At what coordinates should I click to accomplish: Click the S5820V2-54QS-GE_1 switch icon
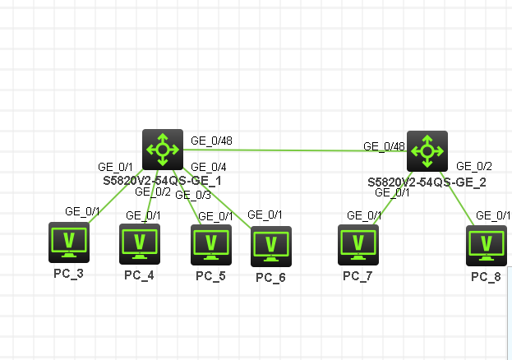coord(162,149)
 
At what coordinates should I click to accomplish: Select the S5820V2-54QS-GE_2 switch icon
coord(427,150)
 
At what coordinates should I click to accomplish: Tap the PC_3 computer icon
coord(68,242)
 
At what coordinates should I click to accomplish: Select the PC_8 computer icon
coord(486,245)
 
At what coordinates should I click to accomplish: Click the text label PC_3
coord(68,273)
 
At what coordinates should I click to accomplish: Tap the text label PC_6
coord(270,277)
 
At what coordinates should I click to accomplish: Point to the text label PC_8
coord(486,276)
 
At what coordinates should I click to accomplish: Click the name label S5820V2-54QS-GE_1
coord(162,179)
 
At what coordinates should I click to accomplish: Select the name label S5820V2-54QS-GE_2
coord(427,182)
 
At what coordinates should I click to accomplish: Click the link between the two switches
coord(288,150)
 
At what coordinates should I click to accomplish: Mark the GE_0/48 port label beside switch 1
coord(211,140)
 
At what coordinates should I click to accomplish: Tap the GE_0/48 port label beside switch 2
coord(385,147)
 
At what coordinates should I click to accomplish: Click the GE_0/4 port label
coord(203,167)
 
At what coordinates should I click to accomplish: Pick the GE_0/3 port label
coord(193,195)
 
